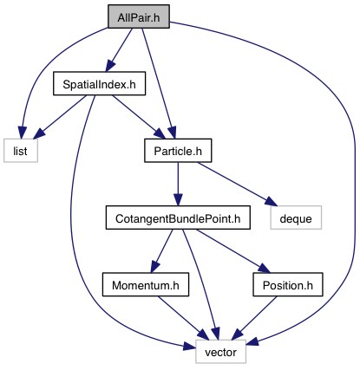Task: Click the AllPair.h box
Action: coord(139,16)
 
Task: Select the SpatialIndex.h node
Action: coord(99,83)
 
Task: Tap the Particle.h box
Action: coord(178,151)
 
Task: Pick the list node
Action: coord(21,151)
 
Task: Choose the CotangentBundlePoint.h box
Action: coord(178,217)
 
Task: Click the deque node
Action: coord(296,217)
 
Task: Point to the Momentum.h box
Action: coord(146,284)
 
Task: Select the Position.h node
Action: coord(288,284)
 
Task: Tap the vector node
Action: coord(220,352)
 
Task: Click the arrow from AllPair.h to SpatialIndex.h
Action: coord(120,49)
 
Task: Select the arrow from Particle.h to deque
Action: coord(237,184)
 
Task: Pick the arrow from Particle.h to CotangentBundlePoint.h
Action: coord(178,184)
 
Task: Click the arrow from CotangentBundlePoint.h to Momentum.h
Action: coord(161,250)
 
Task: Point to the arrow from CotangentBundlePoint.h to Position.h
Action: coord(233,250)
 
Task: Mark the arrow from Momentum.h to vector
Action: coord(183,318)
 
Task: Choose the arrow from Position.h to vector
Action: coord(254,318)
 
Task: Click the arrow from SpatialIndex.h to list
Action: coord(61,116)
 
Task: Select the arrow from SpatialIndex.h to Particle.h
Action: coord(138,117)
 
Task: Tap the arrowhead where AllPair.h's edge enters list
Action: coord(23,133)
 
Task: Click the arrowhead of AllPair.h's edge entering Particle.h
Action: coord(172,133)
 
